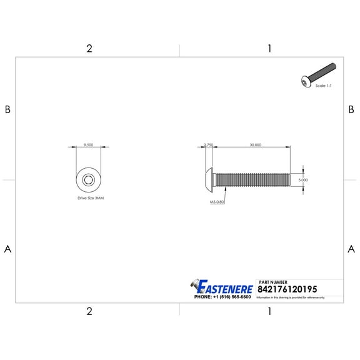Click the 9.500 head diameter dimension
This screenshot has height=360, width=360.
point(88,144)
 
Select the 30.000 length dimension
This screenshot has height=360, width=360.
point(254,144)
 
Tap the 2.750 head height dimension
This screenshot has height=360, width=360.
point(209,144)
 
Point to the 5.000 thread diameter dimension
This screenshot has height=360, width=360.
point(302,180)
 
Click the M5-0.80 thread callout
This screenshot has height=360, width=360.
point(217,202)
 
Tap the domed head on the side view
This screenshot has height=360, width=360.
point(210,180)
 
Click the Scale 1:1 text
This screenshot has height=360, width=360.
point(323,85)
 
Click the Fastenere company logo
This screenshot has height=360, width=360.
point(222,287)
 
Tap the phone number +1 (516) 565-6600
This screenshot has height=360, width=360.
point(222,297)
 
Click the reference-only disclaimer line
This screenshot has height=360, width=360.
point(291,297)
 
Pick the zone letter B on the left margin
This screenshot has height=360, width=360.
point(8,109)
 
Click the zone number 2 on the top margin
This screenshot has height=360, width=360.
point(89,49)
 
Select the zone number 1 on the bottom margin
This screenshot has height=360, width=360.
point(269,310)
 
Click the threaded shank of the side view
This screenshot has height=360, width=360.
point(253,180)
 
